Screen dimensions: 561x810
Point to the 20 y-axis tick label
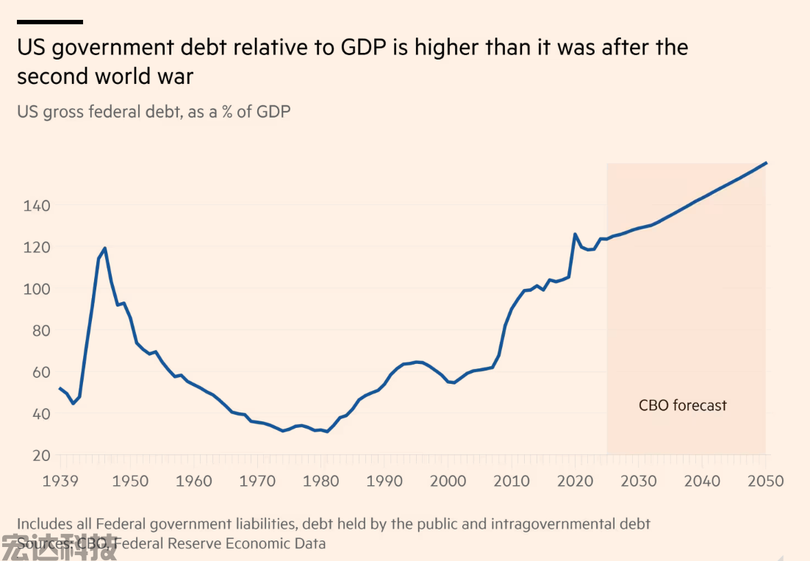pos(42,455)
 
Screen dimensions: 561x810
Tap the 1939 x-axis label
pos(61,482)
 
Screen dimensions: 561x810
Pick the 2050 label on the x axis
pos(766,482)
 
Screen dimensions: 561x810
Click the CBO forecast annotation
pos(682,405)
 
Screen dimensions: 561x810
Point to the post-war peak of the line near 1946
pos(105,248)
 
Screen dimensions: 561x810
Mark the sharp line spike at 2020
pos(574,234)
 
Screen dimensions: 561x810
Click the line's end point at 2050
pos(767,162)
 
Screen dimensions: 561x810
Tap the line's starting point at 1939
pos(60,388)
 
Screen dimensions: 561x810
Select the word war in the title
pos(175,76)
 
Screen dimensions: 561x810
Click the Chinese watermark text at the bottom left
pos(59,548)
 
